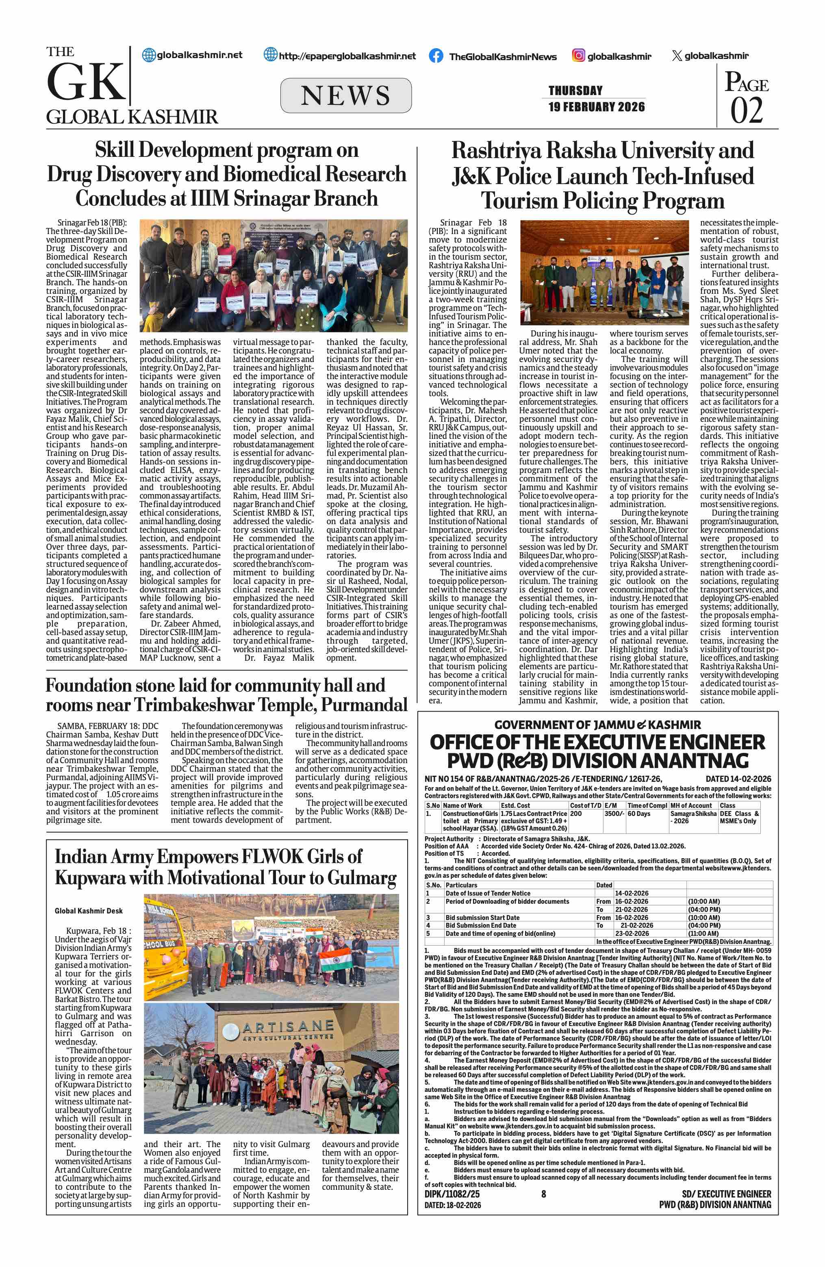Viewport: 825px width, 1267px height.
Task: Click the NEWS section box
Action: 345,96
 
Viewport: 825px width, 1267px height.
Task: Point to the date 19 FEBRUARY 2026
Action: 596,106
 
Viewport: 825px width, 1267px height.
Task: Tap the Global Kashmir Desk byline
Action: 89,911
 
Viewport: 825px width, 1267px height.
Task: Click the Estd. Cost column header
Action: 515,805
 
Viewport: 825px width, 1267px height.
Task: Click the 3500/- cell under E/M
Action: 614,814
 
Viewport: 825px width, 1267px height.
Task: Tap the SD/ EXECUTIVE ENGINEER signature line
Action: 726,1194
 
